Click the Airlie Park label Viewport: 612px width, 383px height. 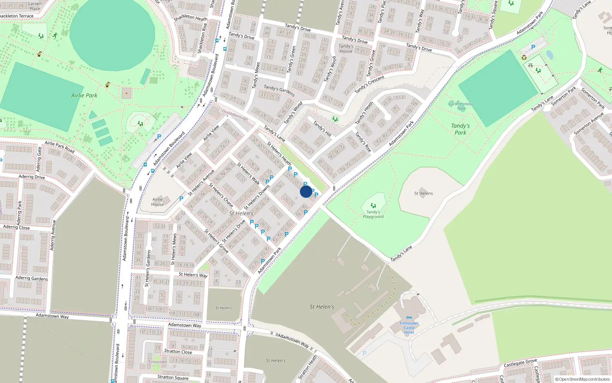click(84, 95)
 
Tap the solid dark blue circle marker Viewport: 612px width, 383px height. click(306, 191)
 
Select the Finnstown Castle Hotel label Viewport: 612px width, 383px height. click(409, 327)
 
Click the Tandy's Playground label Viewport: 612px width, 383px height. click(373, 214)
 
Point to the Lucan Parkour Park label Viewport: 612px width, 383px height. click(461, 106)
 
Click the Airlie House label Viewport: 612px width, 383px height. click(158, 202)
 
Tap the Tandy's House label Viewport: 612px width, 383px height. click(346, 49)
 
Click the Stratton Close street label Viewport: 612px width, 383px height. click(178, 351)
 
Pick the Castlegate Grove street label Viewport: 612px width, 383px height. click(520, 362)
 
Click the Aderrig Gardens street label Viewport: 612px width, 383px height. click(31, 278)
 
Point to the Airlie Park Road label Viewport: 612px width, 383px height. click(59, 147)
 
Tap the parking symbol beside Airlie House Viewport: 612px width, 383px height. click(181, 199)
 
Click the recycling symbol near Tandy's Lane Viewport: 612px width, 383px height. click(524, 57)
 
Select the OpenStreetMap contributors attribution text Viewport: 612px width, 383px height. click(582, 379)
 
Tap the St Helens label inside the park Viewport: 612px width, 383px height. click(423, 193)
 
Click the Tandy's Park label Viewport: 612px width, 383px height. click(460, 129)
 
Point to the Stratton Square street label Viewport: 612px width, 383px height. click(173, 377)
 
